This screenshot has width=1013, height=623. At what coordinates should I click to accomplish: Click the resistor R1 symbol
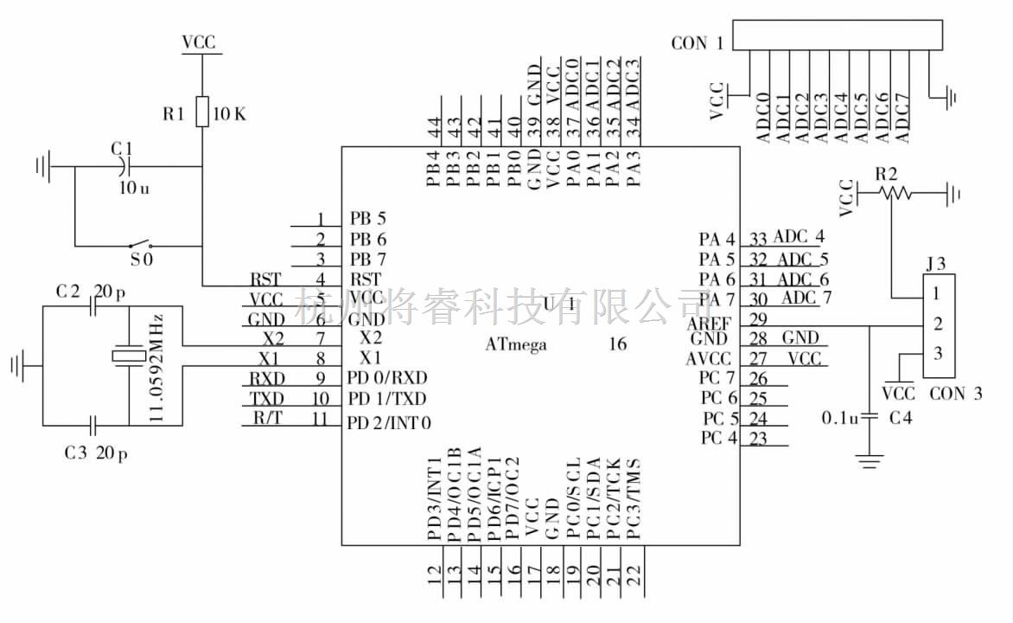[x=201, y=112]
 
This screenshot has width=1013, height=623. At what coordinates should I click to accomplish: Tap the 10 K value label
[x=229, y=113]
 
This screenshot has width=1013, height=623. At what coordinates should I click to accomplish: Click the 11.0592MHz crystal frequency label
[x=157, y=367]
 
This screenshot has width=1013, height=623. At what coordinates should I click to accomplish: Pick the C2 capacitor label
[x=68, y=292]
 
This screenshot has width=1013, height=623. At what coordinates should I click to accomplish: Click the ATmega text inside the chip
[x=516, y=344]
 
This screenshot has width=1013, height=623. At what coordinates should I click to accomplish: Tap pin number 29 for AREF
[x=759, y=319]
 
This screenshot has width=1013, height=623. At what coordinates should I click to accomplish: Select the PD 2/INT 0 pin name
[x=389, y=423]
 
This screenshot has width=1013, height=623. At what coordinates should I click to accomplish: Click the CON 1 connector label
[x=697, y=42]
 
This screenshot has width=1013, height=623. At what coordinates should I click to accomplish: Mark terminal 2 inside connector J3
[x=938, y=324]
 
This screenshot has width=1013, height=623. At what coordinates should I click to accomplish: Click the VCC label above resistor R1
[x=199, y=42]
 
